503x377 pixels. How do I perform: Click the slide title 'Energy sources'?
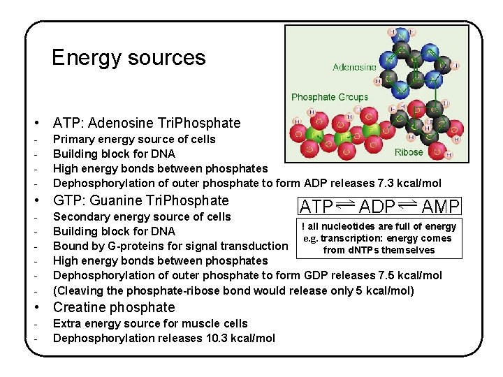[129, 57]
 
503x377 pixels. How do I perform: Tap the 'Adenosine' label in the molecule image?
[354, 67]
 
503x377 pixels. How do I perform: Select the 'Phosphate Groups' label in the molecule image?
[329, 97]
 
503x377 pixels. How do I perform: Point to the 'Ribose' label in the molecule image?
[409, 151]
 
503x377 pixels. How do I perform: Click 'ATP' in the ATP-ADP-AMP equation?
[316, 206]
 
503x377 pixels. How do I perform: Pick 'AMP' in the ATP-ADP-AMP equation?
[440, 206]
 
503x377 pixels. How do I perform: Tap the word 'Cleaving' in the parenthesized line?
[82, 290]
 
